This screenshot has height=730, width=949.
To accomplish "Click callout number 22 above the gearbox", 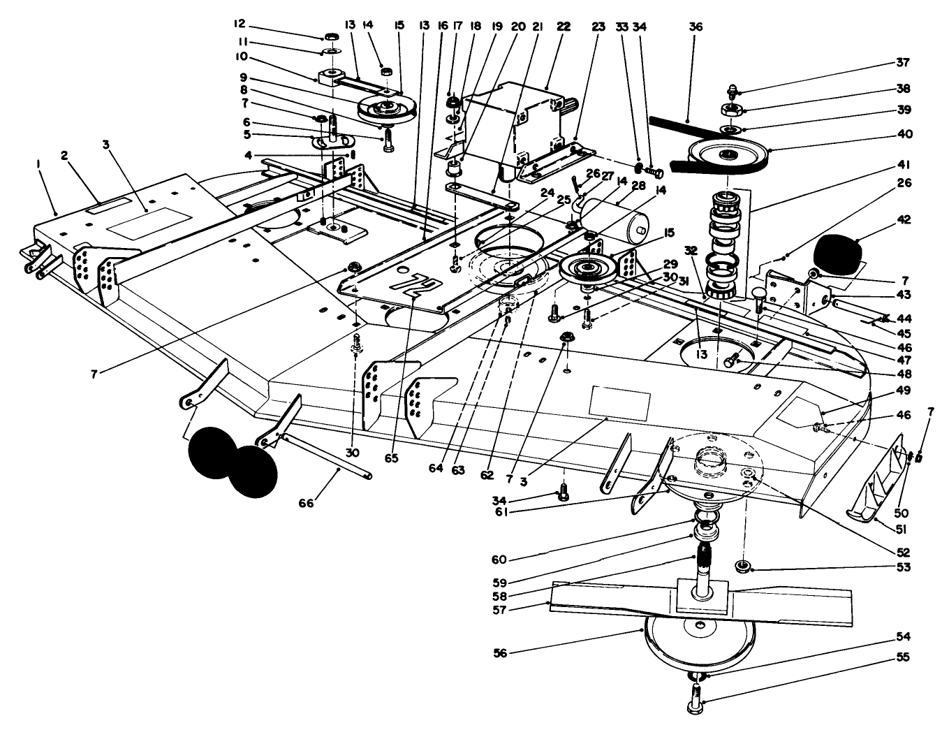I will click(563, 27).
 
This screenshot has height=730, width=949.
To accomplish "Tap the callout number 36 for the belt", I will click(695, 27).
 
